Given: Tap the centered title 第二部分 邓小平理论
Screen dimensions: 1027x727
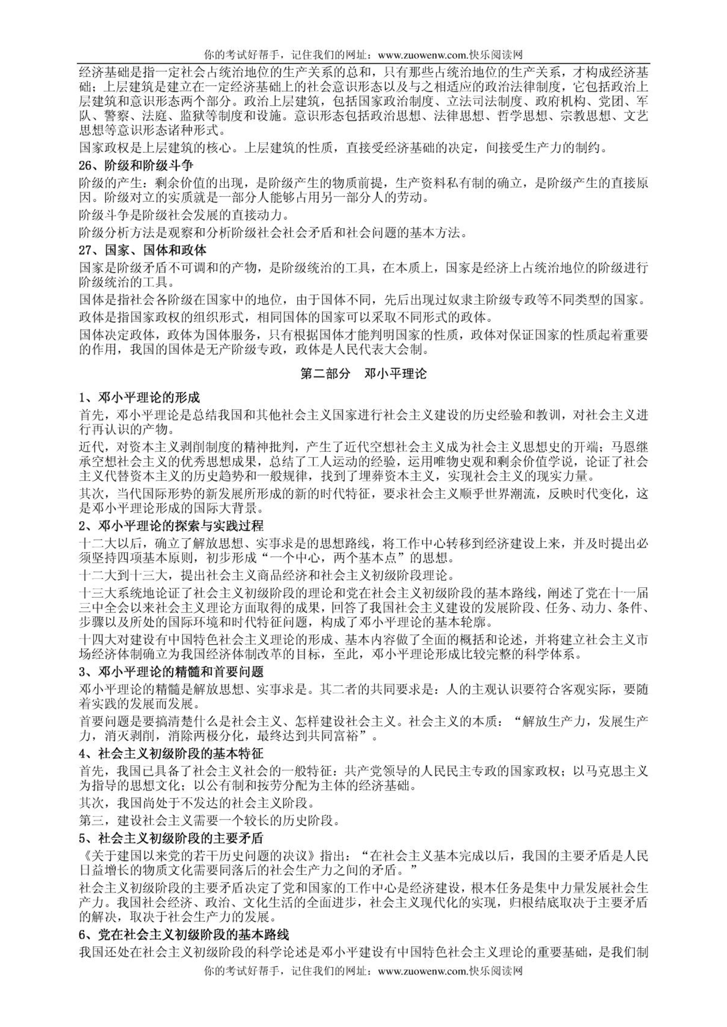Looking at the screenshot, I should tap(363, 373).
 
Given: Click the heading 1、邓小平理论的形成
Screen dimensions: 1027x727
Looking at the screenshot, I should tap(139, 398).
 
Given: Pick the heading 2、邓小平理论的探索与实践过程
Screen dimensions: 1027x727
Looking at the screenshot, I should tap(171, 526).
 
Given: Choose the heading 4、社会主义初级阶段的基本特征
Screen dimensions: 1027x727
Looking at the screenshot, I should tap(171, 753).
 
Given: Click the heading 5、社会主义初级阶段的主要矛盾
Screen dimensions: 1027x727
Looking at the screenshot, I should tap(171, 838).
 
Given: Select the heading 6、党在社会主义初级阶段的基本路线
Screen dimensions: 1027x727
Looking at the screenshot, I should tap(184, 922).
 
